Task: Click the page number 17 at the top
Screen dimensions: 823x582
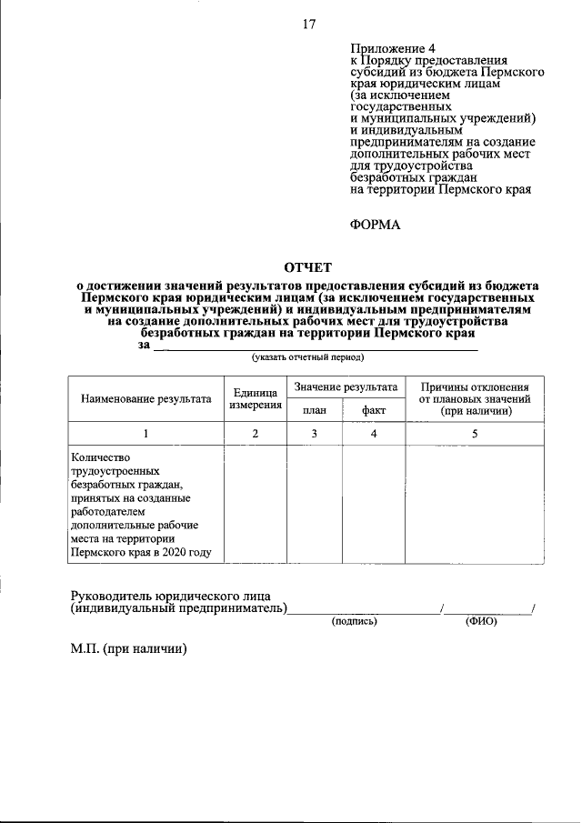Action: (309, 24)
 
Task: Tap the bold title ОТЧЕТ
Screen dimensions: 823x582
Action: (308, 267)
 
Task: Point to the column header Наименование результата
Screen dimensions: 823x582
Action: (146, 398)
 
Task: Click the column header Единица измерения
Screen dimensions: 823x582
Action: (256, 398)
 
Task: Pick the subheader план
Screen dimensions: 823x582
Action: (314, 410)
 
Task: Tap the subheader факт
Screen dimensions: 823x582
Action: (374, 410)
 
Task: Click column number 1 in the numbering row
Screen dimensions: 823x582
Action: (146, 434)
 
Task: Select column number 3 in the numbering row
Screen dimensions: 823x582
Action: (314, 434)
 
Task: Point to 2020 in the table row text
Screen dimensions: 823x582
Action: (174, 553)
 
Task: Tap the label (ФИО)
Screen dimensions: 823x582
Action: (481, 621)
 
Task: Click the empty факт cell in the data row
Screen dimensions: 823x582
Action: (374, 505)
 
